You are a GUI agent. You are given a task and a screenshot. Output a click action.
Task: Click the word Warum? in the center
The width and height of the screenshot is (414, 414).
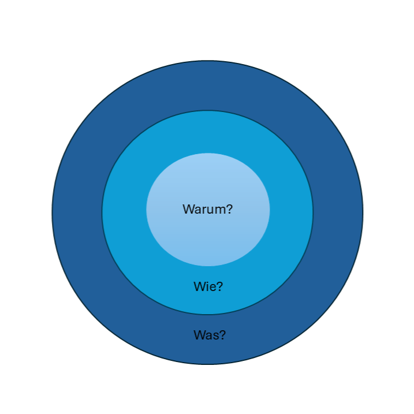207,209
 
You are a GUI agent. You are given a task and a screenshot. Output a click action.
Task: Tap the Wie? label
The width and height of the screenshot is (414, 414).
208,286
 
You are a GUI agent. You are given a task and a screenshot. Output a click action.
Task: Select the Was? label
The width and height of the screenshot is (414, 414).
209,334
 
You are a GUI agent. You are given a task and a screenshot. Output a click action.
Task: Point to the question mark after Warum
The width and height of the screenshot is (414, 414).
229,209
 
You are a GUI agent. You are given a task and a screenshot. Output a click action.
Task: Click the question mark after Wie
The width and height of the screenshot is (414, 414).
220,286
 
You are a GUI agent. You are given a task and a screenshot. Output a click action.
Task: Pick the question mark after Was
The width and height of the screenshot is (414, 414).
222,334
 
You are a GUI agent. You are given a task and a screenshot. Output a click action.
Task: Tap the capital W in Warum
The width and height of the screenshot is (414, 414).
188,209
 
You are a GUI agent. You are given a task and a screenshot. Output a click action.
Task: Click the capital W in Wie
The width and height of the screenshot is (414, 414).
199,286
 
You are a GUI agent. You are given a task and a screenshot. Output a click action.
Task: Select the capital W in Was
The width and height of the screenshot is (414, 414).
199,334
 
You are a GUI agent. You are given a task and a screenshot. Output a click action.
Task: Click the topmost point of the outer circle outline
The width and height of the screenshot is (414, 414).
207,61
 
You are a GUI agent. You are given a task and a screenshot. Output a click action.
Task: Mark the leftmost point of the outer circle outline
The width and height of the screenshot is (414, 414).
52,212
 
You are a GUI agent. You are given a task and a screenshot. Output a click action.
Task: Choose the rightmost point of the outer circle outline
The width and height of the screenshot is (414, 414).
363,212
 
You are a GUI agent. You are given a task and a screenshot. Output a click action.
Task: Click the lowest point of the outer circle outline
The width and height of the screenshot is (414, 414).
207,364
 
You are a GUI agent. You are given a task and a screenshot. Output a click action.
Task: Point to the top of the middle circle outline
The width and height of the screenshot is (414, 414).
207,110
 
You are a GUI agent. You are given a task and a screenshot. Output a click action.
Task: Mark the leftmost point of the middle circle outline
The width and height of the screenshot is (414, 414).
102,212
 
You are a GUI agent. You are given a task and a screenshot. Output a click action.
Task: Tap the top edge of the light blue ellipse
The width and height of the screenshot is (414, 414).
208,153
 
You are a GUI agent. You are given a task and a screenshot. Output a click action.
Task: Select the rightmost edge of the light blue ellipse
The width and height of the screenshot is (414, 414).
270,210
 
